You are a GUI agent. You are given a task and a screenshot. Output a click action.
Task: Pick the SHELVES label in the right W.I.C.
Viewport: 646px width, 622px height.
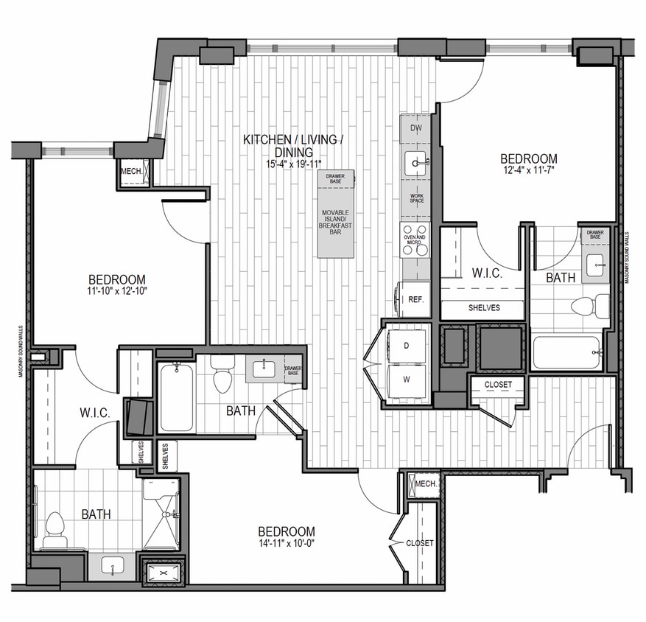point(483,307)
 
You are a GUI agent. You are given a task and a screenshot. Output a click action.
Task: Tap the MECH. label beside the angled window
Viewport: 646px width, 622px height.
point(131,172)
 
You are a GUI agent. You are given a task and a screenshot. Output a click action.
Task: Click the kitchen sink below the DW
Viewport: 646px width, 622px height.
point(415,162)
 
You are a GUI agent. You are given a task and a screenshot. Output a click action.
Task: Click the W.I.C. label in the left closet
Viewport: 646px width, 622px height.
point(96,413)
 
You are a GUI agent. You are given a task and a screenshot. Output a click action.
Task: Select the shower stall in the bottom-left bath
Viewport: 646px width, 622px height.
point(161,514)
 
